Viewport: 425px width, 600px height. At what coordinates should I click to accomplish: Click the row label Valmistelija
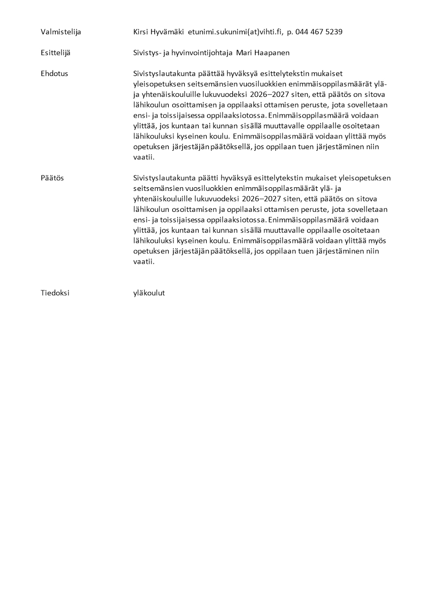pyautogui.click(x=60, y=32)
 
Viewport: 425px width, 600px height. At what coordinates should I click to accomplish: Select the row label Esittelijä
pyautogui.click(x=55, y=52)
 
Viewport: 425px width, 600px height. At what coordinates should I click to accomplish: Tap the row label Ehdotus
pyautogui.click(x=54, y=73)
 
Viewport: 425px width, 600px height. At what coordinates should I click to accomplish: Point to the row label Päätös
pyautogui.click(x=52, y=178)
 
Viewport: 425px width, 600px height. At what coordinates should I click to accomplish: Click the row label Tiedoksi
pyautogui.click(x=55, y=293)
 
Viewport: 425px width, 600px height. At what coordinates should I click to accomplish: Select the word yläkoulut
pyautogui.click(x=149, y=293)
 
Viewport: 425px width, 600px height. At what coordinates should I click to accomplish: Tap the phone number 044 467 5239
pyautogui.click(x=320, y=32)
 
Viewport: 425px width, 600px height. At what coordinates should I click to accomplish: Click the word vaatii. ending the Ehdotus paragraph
pyautogui.click(x=143, y=157)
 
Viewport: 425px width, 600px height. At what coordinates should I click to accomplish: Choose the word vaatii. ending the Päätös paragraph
pyautogui.click(x=143, y=262)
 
